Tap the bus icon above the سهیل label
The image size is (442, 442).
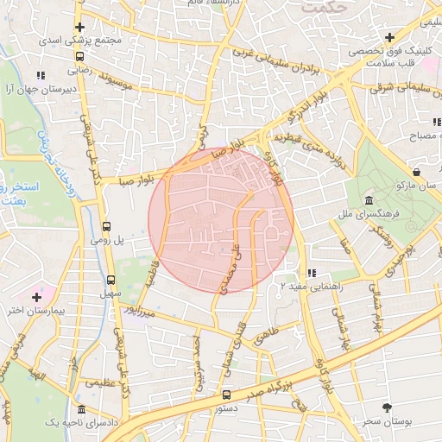(x=110, y=279)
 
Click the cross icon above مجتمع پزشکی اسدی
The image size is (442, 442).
(x=79, y=26)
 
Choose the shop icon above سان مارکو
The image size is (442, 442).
(x=417, y=170)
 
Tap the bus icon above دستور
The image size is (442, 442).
(x=226, y=395)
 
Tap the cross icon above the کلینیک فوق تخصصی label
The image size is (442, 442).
(x=389, y=37)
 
